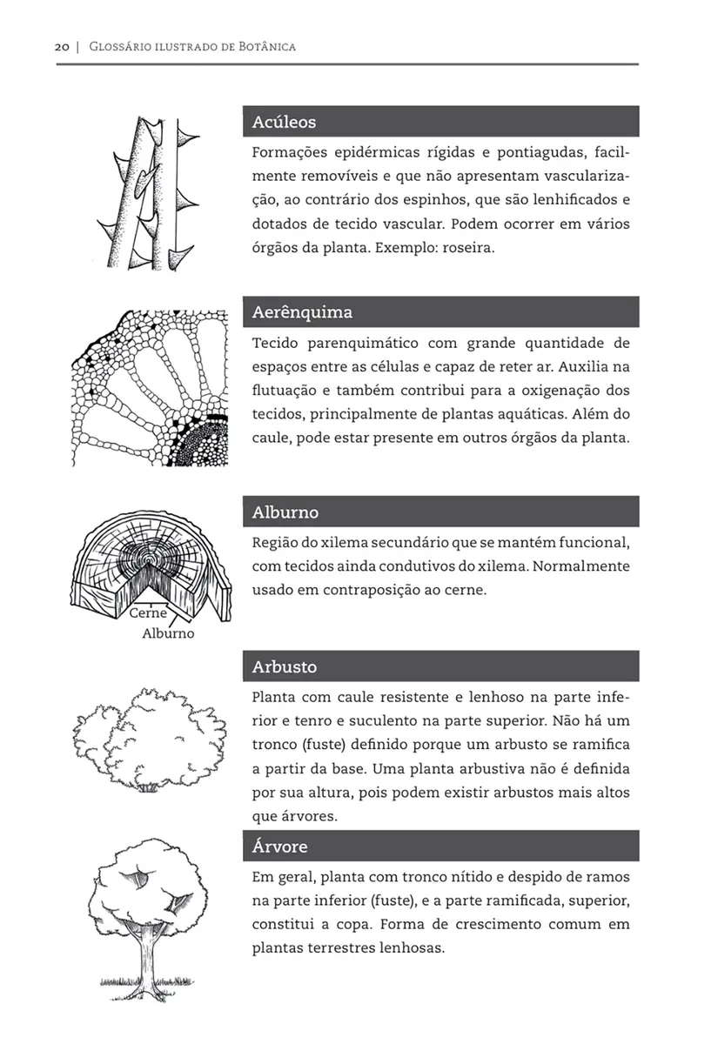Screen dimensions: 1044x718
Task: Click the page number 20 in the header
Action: [61, 46]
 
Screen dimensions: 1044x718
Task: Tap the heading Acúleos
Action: [284, 122]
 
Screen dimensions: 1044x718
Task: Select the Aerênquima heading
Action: [302, 312]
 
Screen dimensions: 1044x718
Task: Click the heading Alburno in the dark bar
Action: [285, 512]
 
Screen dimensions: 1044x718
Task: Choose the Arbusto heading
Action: [284, 667]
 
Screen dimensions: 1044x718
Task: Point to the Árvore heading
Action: [279, 847]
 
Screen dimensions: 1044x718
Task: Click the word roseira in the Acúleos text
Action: [468, 248]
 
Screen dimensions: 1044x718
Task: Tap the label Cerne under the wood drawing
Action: [147, 612]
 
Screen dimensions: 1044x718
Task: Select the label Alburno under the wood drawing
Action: [168, 633]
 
